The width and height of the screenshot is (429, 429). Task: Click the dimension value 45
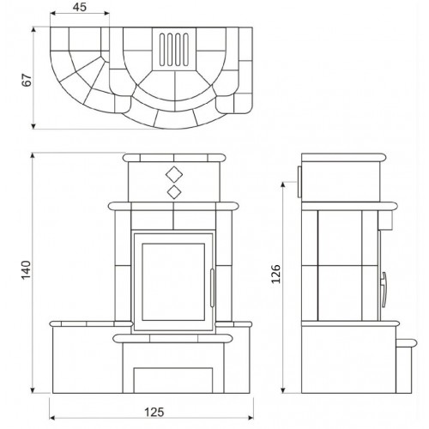(x=79, y=7)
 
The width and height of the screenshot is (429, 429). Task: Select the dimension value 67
(x=27, y=80)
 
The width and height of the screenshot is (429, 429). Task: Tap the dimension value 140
(x=26, y=270)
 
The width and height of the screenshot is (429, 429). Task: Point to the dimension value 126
(x=276, y=274)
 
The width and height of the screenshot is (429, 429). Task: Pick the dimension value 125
(x=154, y=412)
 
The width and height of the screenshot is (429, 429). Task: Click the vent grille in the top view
(x=174, y=49)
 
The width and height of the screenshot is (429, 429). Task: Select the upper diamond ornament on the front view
(x=174, y=174)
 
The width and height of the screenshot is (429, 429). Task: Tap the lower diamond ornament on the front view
(x=174, y=192)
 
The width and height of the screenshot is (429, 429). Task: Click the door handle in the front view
(x=212, y=287)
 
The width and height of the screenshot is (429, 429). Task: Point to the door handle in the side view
(x=384, y=290)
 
